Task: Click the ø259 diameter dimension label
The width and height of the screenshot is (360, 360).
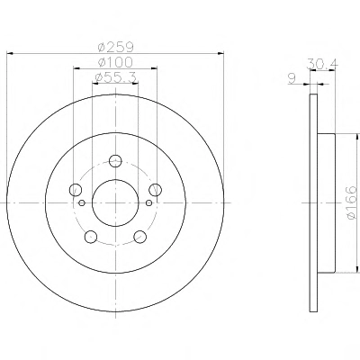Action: click(x=115, y=47)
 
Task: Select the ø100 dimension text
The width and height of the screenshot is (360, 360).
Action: click(x=115, y=62)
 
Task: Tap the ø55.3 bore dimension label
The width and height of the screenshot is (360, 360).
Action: click(x=115, y=77)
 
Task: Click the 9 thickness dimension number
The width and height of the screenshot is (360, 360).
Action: click(x=292, y=78)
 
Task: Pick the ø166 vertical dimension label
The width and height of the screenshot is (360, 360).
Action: click(x=351, y=202)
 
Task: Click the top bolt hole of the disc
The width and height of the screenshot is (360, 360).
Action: click(x=115, y=161)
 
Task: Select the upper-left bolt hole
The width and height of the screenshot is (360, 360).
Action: click(x=76, y=190)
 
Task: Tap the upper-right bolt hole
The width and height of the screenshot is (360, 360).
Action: click(x=156, y=190)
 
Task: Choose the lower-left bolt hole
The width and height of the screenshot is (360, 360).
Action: click(x=91, y=237)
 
